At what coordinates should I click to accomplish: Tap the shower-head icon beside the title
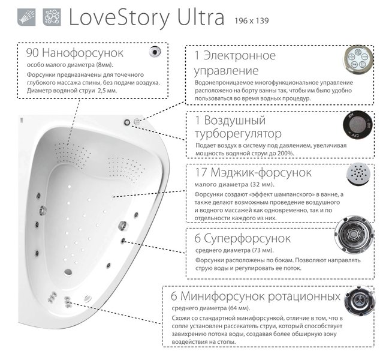pos(31,17)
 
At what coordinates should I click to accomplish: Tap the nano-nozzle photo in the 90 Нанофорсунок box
pos(157,52)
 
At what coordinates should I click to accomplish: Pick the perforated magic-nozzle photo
pos(359,175)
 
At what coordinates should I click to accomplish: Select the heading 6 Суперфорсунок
pos(243,238)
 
